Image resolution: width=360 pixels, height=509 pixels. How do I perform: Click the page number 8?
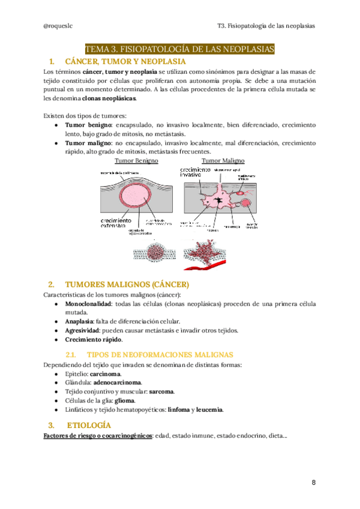313,483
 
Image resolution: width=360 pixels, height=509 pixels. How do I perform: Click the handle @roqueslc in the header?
60,26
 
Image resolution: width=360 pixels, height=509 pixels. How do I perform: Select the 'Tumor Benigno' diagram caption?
136,161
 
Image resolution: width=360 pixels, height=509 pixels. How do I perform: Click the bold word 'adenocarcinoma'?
118,382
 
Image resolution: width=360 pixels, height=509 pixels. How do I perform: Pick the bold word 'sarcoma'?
161,391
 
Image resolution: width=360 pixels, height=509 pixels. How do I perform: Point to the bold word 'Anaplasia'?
79,321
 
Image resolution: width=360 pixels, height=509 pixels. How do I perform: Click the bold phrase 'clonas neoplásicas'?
109,98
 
